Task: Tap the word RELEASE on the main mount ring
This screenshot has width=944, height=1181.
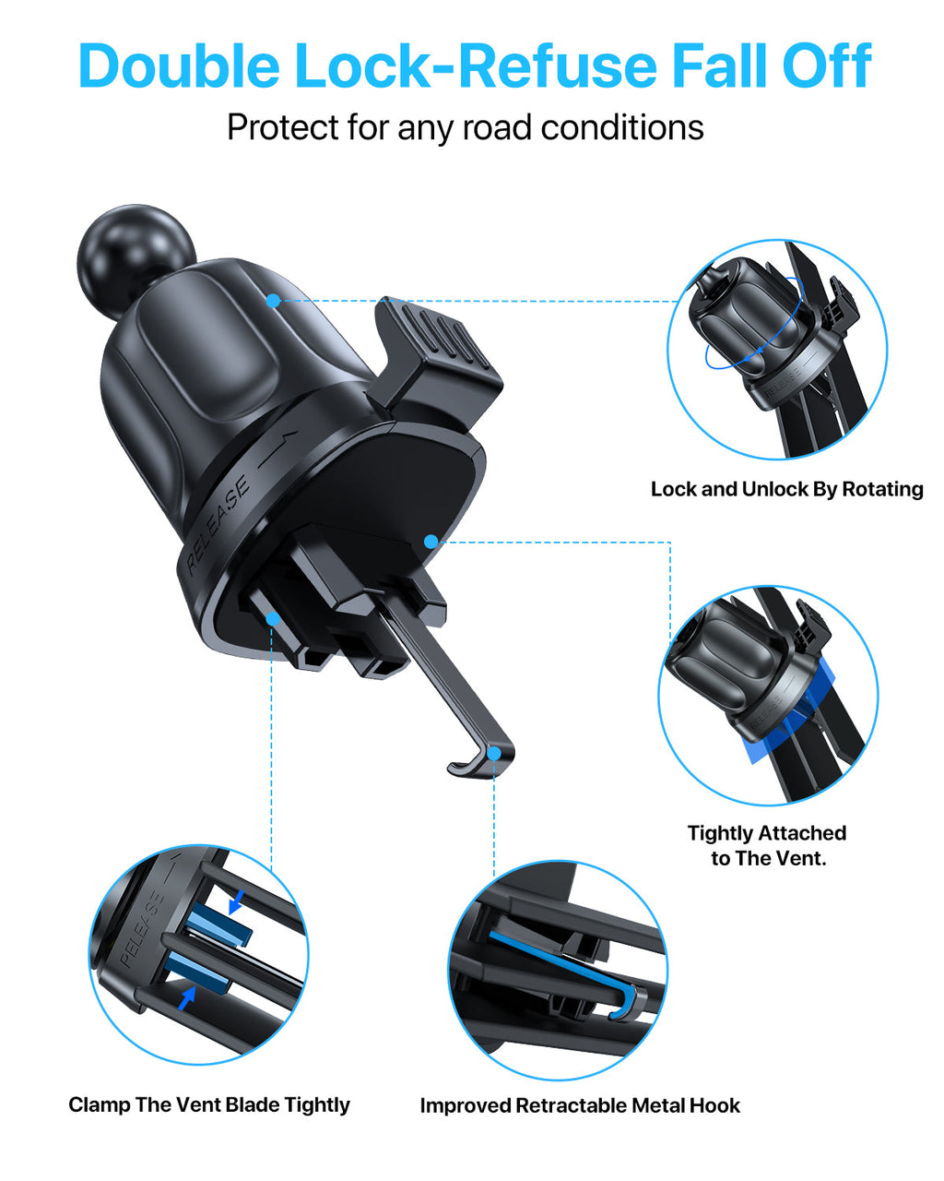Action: (x=218, y=525)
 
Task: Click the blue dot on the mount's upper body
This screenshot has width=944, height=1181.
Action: (x=273, y=300)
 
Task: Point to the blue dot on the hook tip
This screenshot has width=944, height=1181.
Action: (x=495, y=754)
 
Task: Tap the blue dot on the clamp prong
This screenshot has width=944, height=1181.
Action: (x=272, y=618)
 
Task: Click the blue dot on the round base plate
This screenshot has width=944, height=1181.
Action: (x=431, y=542)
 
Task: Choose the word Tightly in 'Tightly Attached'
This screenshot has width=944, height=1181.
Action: (x=720, y=833)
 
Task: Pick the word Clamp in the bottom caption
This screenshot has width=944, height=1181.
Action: (x=99, y=1105)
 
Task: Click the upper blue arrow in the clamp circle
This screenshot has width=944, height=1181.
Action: (x=236, y=901)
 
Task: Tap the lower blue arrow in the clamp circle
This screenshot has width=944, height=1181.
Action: (x=187, y=997)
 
